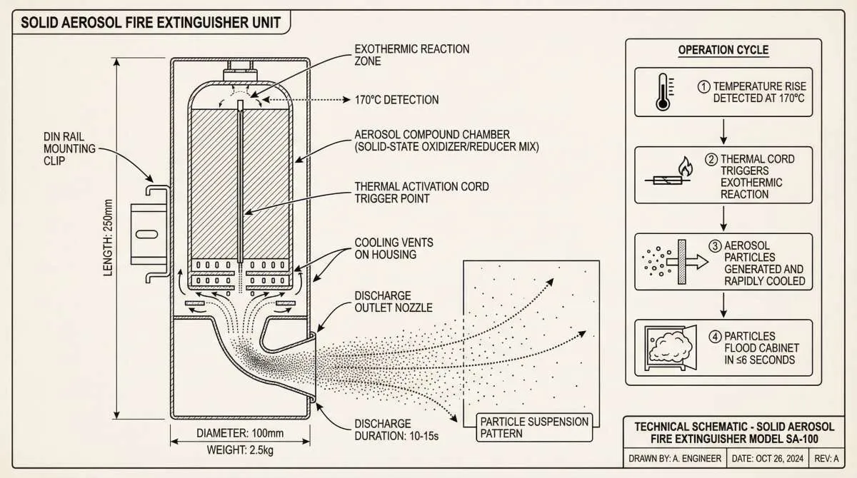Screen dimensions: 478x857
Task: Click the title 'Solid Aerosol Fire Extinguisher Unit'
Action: [150, 22]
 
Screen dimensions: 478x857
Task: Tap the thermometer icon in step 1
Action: [663, 92]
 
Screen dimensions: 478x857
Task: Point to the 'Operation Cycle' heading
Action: [723, 50]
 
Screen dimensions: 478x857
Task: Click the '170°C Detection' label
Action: [396, 100]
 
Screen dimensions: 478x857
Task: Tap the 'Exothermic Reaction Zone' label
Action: [412, 55]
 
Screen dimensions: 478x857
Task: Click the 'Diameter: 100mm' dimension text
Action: [240, 433]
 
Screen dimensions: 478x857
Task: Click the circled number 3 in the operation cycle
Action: [713, 246]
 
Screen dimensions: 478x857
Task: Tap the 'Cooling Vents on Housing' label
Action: [394, 248]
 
